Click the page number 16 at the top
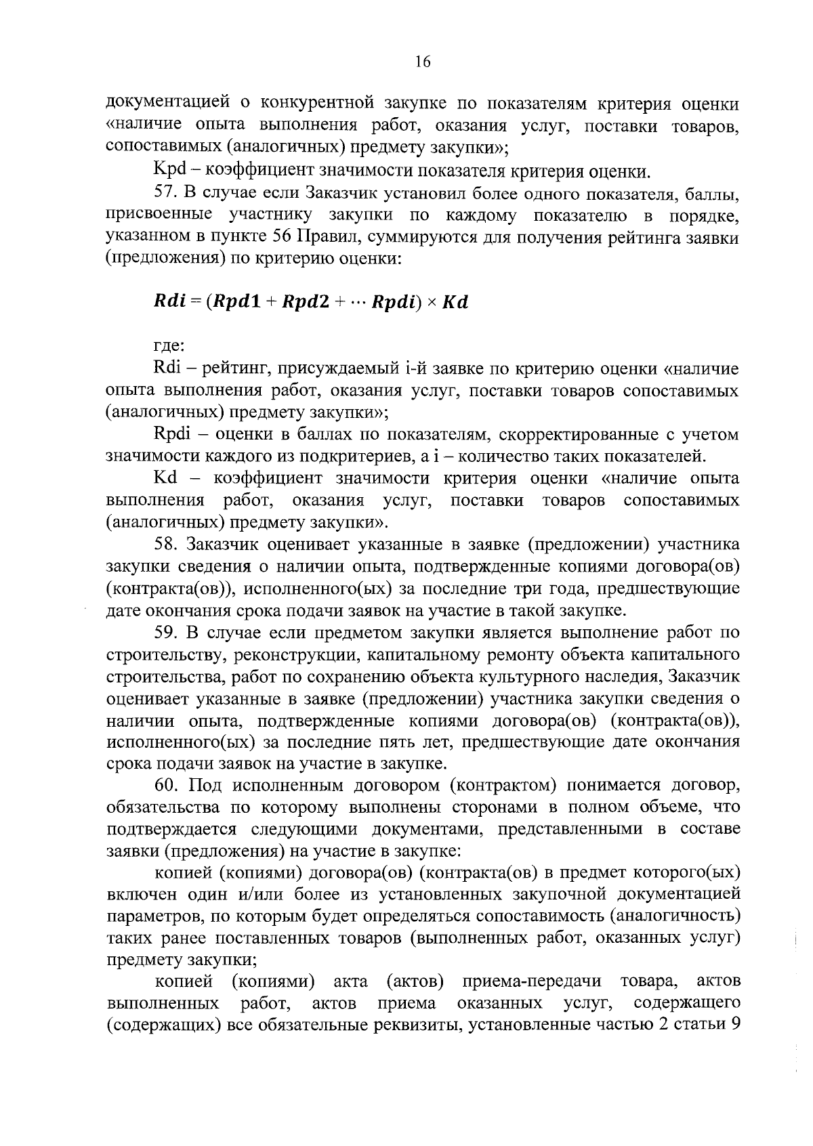[x=422, y=62]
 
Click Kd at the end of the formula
[x=455, y=301]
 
